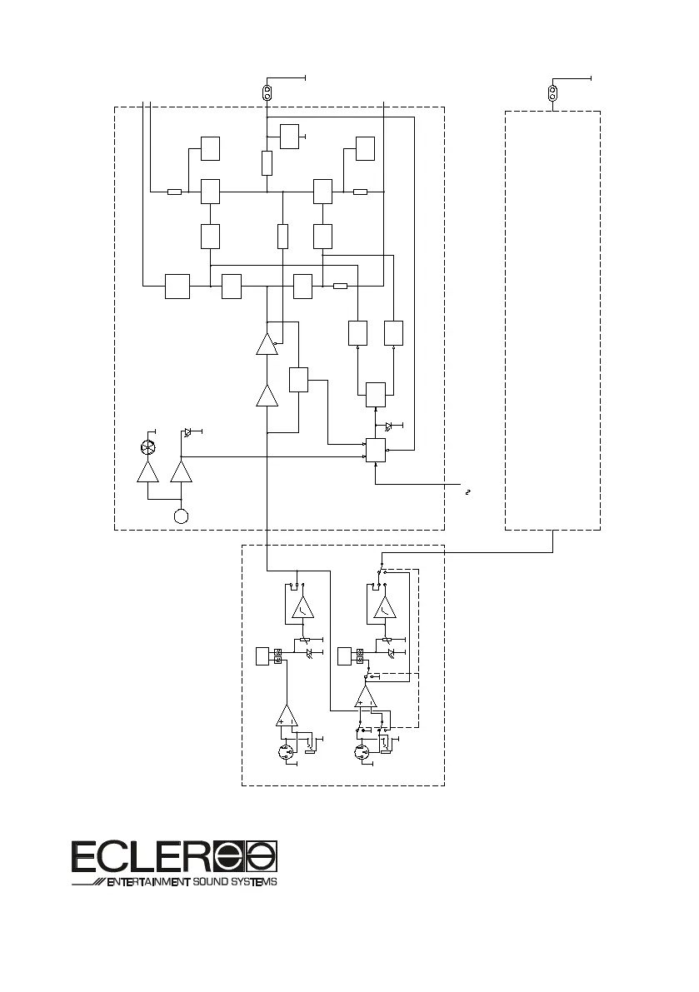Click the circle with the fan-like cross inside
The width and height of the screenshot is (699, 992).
point(149,447)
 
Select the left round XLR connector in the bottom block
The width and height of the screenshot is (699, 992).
point(287,753)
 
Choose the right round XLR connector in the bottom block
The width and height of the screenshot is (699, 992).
point(362,753)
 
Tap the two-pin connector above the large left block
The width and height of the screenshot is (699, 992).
point(267,92)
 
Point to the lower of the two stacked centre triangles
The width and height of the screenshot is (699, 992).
point(267,396)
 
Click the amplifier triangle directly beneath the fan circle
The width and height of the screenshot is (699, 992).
point(148,472)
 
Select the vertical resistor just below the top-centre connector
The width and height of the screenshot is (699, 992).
point(267,162)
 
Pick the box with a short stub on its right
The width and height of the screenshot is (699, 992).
point(289,135)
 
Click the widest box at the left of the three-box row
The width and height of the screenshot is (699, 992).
point(177,286)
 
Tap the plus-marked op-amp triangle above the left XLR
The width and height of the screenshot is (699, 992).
point(286,714)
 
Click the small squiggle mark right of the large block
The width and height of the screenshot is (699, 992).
point(468,492)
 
